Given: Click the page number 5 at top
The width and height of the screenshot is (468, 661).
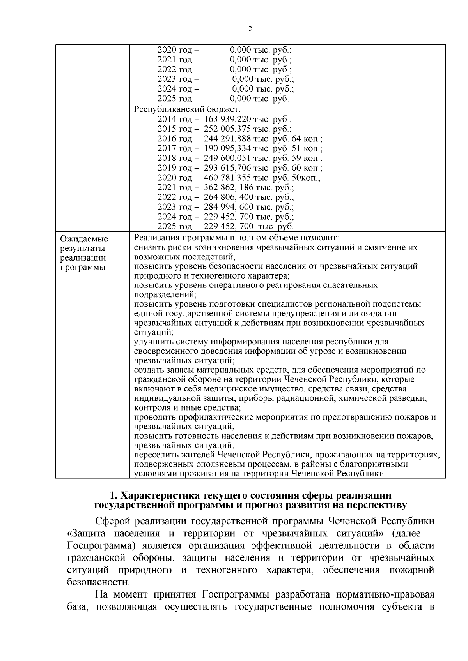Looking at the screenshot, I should pos(250,27).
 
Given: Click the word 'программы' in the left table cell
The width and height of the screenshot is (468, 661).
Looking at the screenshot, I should pos(83,268).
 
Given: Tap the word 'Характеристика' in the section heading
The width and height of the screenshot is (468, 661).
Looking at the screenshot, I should pos(160,495).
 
